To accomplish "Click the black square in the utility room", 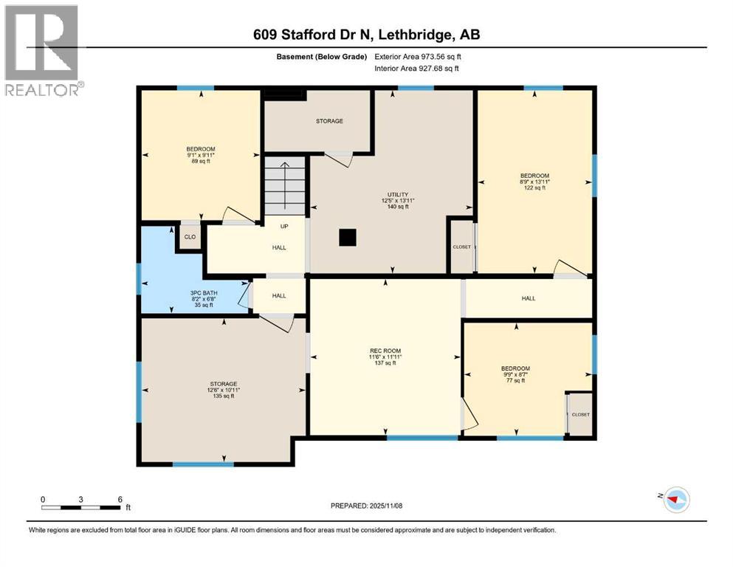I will [347, 237].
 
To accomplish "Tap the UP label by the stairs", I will [283, 226].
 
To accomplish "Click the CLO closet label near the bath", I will [190, 237].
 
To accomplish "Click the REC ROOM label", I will [385, 357].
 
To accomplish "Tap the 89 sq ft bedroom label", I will [200, 155].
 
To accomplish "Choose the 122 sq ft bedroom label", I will [534, 182].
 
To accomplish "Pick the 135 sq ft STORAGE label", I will [223, 389].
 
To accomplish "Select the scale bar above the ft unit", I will [81, 507].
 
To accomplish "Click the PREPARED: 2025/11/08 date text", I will [367, 506].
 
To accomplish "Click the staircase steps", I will [285, 188].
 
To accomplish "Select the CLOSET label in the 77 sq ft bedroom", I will [580, 414].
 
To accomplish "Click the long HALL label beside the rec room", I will [528, 298].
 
